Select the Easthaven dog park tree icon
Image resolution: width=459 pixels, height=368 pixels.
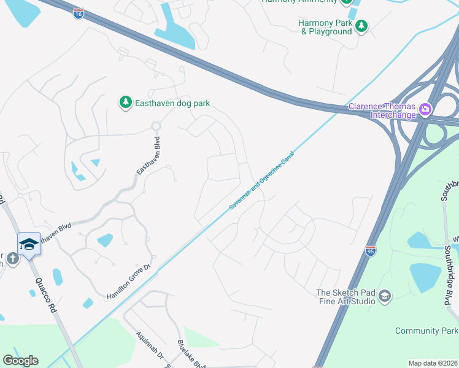tap(126, 102)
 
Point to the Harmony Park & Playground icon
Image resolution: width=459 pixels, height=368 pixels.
tap(363, 25)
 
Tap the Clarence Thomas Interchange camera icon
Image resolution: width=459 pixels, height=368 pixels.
tap(425, 109)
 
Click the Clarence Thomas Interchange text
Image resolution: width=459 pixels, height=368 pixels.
tap(382, 110)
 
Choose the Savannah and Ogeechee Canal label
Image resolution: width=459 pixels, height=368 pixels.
tap(262, 181)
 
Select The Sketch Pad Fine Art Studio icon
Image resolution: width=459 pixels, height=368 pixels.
tap(384, 296)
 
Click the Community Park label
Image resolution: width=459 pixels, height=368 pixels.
tap(426, 331)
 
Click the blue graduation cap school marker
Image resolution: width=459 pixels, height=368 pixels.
tap(29, 245)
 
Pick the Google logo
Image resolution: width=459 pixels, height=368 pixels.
tap(20, 361)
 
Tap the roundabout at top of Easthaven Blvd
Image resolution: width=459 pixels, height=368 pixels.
tap(156, 126)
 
